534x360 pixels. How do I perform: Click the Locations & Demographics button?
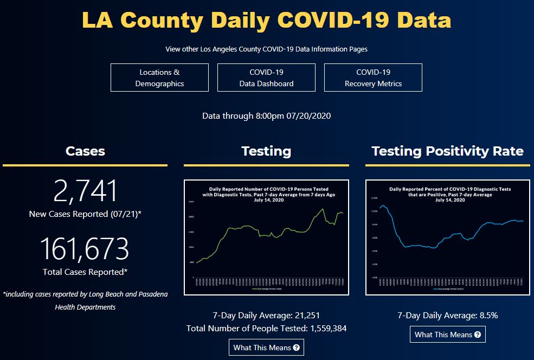[159, 78]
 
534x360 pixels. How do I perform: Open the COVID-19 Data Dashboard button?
[266, 78]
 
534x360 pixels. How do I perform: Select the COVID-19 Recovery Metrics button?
[373, 78]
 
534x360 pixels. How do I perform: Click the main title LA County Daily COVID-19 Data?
[266, 20]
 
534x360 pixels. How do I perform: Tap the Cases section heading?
[85, 151]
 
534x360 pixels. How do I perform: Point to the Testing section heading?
[266, 151]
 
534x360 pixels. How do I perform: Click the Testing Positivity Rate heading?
[447, 151]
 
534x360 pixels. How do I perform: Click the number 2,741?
[85, 191]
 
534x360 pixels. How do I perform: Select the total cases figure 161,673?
[85, 249]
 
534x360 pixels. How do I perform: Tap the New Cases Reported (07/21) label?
[85, 214]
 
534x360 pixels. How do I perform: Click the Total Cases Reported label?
[85, 272]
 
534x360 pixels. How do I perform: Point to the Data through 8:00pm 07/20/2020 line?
[266, 115]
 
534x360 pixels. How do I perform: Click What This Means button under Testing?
[266, 348]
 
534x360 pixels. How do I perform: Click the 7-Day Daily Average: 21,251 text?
[266, 315]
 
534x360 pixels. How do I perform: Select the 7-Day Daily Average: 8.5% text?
[447, 315]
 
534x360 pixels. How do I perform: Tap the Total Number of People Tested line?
[266, 328]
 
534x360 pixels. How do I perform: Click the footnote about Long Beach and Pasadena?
[85, 300]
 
